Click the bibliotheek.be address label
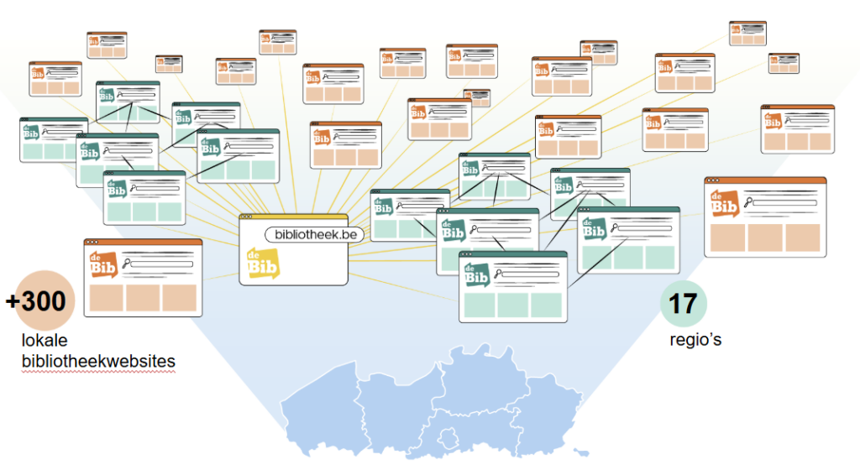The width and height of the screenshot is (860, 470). coord(315,235)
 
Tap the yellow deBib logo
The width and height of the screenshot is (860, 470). coord(263,264)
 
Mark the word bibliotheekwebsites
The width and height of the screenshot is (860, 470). coord(98,361)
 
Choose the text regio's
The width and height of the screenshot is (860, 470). coord(695,340)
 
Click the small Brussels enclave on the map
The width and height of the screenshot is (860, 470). coord(446,439)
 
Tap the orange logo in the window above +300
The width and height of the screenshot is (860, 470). coord(104,264)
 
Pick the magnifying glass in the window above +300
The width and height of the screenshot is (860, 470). coord(127,264)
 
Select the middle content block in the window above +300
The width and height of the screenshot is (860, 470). coord(143,297)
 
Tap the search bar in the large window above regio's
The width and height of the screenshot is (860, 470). coord(784,202)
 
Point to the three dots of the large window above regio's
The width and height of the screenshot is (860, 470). coord(714,180)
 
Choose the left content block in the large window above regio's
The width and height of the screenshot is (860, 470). coord(726,238)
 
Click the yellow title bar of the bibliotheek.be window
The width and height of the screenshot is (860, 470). coord(293,217)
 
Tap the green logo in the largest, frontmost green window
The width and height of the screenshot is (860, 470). coord(476,273)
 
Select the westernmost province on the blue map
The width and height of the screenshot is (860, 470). coord(319,407)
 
